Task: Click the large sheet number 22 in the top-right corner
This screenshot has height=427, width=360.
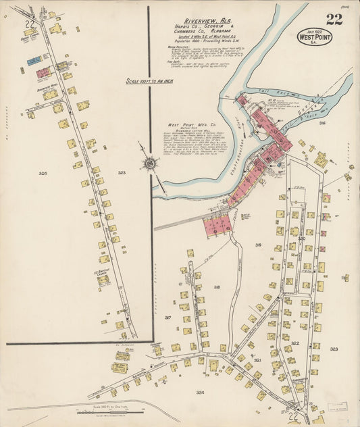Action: coord(334,19)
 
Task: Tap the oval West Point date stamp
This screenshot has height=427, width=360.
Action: coord(313,37)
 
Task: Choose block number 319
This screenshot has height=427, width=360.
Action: coord(258,245)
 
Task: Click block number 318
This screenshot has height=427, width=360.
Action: coord(217,287)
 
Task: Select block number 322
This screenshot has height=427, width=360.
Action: coord(295,343)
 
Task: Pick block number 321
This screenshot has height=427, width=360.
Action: coord(257,360)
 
